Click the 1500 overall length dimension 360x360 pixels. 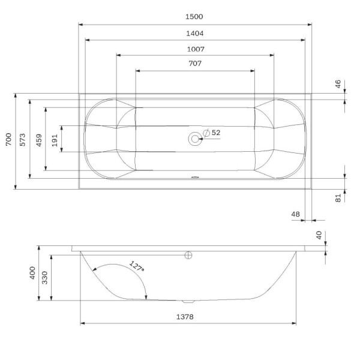point(195,18)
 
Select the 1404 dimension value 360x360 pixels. point(195,34)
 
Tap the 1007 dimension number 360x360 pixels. point(195,49)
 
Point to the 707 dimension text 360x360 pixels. point(195,64)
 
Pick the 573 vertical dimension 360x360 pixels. point(22,140)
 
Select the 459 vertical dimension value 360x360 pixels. point(39,140)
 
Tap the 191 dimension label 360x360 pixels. point(55,140)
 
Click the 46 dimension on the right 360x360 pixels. point(338,85)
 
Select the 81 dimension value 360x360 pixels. point(338,197)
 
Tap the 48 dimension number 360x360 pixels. point(295,214)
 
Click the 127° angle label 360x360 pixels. point(137,266)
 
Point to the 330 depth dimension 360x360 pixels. point(46,277)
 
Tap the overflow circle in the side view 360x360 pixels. point(188,255)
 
